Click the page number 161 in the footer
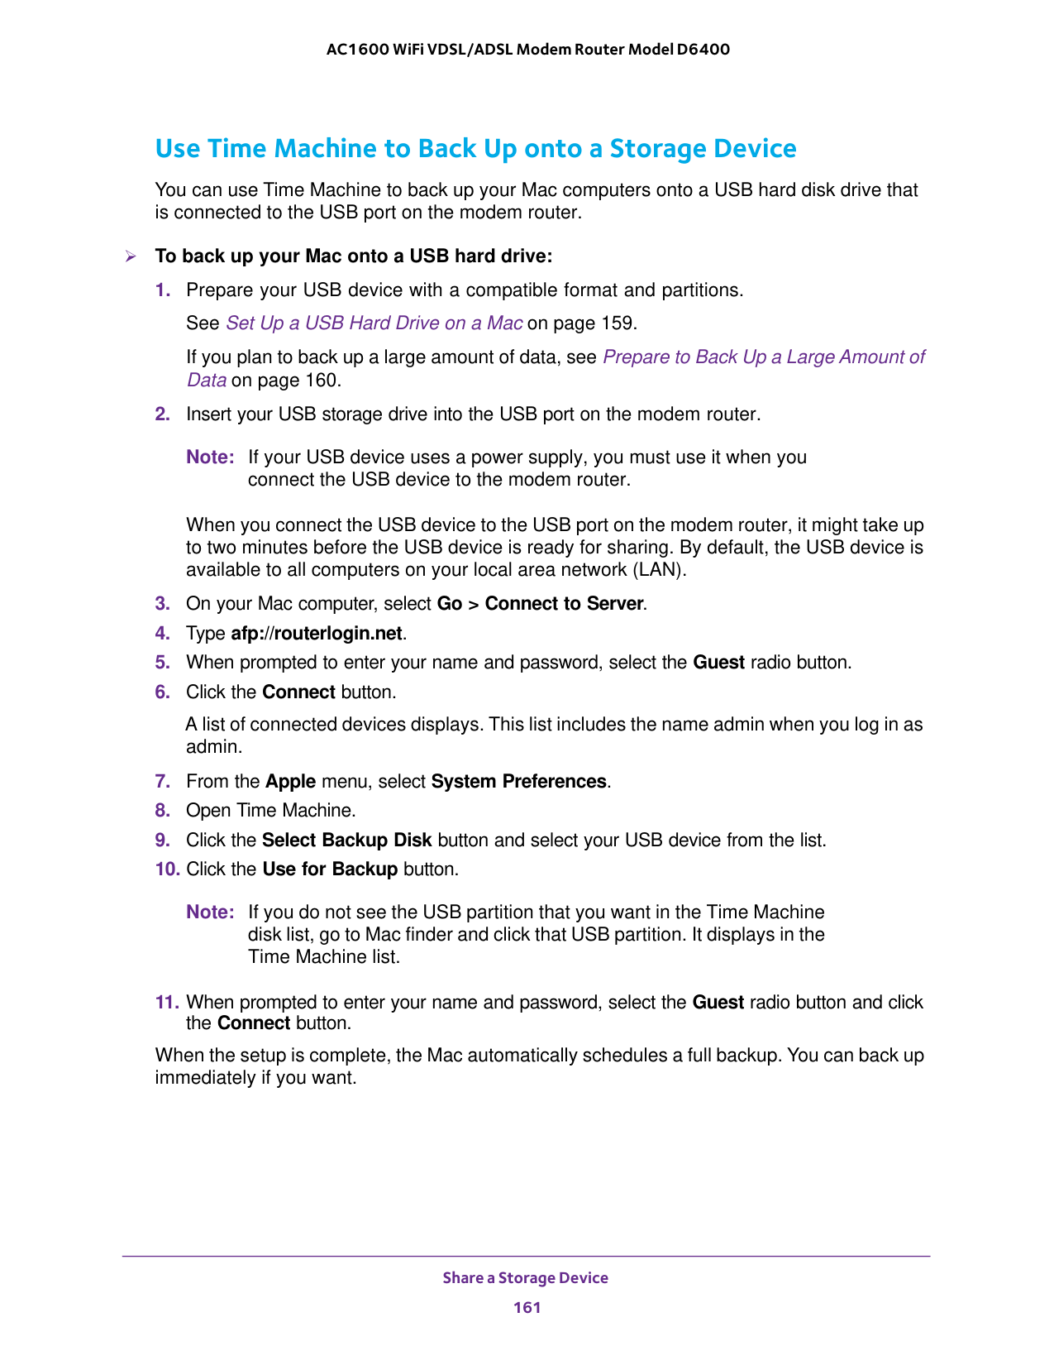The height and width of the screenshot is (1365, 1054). tap(527, 1307)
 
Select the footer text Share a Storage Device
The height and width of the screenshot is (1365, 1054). tap(525, 1278)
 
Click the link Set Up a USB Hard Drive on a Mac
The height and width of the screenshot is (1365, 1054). tap(374, 323)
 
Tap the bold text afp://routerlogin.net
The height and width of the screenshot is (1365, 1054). tap(317, 634)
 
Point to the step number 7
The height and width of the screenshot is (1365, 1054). tap(162, 782)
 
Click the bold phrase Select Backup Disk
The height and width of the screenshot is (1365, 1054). tap(346, 841)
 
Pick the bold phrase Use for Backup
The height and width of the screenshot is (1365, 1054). tap(330, 869)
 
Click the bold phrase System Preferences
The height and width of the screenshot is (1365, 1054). tap(519, 782)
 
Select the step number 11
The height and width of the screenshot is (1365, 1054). tap(166, 1003)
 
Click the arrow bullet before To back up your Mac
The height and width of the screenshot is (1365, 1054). tap(130, 256)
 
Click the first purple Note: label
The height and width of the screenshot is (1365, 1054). tap(210, 457)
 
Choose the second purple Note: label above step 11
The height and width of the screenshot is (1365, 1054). tap(210, 912)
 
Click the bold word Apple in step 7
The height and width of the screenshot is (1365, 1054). tap(290, 782)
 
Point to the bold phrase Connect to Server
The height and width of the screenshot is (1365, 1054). tap(564, 604)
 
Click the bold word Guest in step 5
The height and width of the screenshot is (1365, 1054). tap(718, 663)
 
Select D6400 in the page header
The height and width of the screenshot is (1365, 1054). tap(703, 50)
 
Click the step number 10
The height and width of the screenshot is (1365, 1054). tap(166, 869)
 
